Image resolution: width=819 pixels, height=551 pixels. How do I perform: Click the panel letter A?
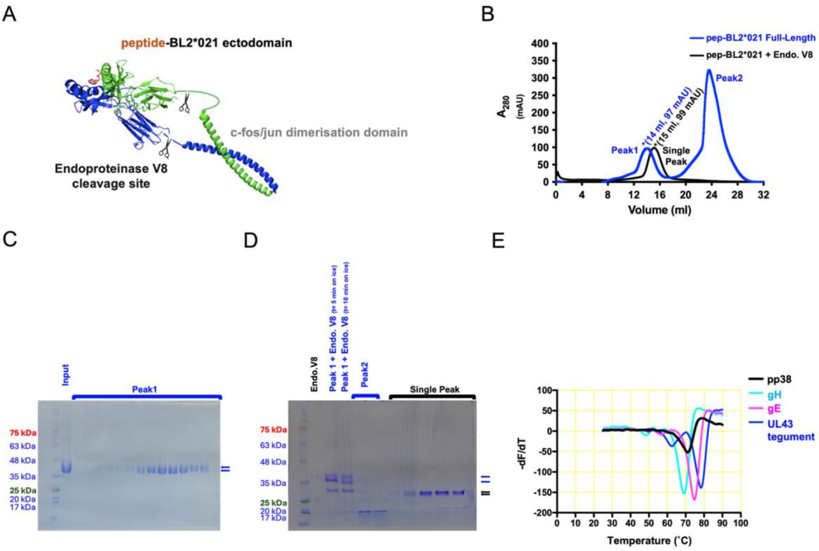pyautogui.click(x=9, y=13)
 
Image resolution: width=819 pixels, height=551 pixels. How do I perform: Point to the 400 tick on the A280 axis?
pyautogui.click(x=542, y=44)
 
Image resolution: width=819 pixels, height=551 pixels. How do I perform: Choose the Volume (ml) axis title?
pyautogui.click(x=659, y=209)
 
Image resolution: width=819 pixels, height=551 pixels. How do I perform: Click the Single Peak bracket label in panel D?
pyautogui.click(x=433, y=388)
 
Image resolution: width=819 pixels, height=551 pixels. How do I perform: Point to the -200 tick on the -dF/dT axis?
pyautogui.click(x=543, y=513)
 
